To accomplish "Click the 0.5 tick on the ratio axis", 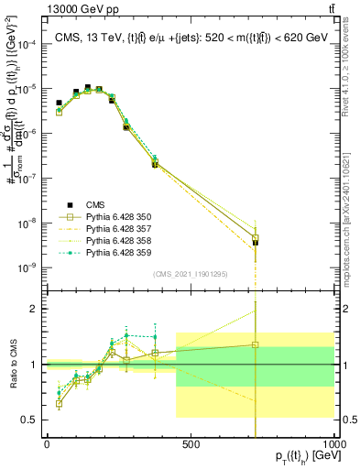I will (x=30, y=420).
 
